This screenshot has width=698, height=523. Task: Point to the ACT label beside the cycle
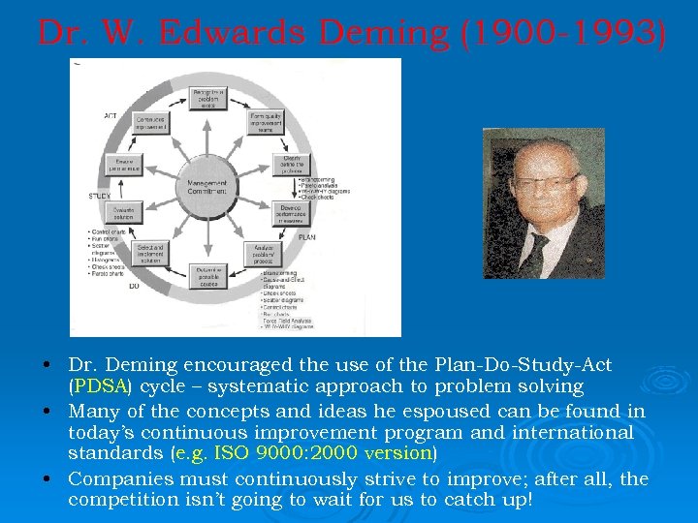coord(110,116)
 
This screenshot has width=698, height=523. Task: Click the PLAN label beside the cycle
coord(306,235)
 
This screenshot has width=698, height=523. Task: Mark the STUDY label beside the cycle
coord(99,196)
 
